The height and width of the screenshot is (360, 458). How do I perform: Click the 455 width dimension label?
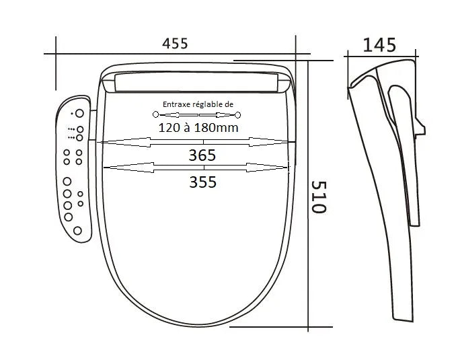point(175,44)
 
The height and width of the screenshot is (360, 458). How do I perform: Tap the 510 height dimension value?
point(318,196)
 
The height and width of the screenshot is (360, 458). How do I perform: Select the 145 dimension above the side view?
point(379,45)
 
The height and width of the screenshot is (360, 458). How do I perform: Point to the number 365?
point(202,155)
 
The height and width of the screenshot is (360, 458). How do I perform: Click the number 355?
point(202,182)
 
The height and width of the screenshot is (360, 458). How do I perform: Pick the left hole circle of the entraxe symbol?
point(155,114)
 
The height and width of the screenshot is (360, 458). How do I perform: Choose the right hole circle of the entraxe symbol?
point(238,115)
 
